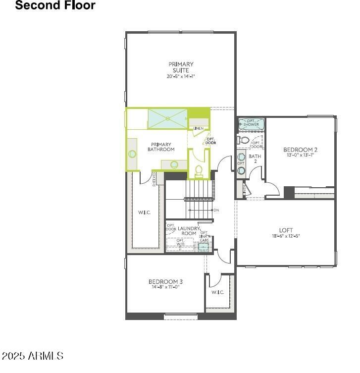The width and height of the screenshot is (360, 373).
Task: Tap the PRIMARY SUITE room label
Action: pyautogui.click(x=181, y=67)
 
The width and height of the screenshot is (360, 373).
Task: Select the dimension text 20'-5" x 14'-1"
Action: pyautogui.click(x=181, y=76)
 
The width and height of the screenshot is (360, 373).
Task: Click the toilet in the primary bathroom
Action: pyautogui.click(x=199, y=171)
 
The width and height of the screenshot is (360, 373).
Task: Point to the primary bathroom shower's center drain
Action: pyautogui.click(x=168, y=118)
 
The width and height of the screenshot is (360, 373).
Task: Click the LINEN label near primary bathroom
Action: pyautogui.click(x=199, y=128)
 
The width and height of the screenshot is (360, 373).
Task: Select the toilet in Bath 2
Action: pyautogui.click(x=243, y=140)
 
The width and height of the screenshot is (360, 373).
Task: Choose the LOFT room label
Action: pyautogui.click(x=286, y=230)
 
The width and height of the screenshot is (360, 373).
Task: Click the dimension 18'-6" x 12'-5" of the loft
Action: pyautogui.click(x=286, y=236)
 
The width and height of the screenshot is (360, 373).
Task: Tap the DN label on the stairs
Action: pyautogui.click(x=216, y=210)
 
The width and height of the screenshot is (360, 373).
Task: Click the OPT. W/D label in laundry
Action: pyautogui.click(x=180, y=242)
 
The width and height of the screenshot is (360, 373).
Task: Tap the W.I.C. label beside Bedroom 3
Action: pyautogui.click(x=218, y=292)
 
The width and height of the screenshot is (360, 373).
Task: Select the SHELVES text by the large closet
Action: pyautogui.click(x=154, y=179)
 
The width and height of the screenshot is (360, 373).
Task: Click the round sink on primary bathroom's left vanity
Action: pyautogui.click(x=132, y=154)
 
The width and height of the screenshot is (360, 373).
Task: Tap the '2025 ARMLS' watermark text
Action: pyautogui.click(x=32, y=356)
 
